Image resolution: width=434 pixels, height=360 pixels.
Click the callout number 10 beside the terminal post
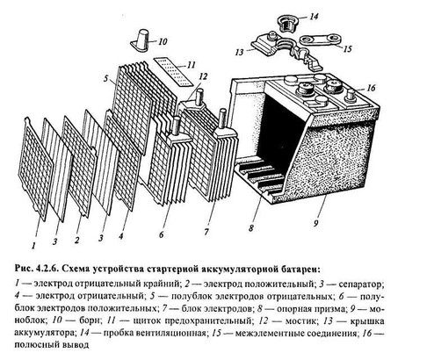163,41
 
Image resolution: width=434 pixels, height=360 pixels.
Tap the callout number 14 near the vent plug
314,17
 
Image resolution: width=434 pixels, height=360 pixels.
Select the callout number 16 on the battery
371,88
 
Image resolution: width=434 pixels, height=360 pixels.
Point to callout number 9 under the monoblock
315,224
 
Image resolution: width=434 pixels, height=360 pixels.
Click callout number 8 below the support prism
251,228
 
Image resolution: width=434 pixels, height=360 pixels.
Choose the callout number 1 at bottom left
33,246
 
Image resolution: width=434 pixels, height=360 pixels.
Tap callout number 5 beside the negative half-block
105,78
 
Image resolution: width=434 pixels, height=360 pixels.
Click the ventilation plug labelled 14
287,23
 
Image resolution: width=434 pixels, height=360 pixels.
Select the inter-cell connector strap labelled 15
321,41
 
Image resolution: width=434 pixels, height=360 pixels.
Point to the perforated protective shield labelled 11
174,72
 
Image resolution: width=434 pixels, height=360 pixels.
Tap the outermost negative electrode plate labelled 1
35,169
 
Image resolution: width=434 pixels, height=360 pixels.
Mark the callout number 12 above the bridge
203,76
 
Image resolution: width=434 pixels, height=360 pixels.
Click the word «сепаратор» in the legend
361,284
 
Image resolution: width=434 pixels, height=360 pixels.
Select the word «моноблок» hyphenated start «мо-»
376,309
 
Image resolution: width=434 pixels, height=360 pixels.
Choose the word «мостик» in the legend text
301,320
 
